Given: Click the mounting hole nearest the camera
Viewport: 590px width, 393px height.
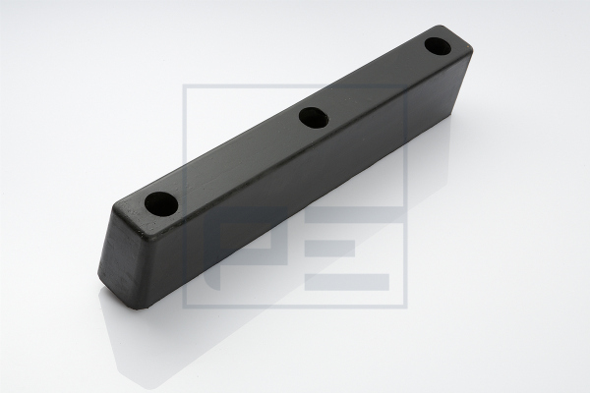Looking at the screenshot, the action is [161, 204].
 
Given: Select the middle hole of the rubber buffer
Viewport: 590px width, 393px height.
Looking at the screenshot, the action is [314, 118].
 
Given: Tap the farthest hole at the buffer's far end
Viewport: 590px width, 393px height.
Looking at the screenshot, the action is [438, 46].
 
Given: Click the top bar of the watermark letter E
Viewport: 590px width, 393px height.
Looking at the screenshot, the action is [353, 214].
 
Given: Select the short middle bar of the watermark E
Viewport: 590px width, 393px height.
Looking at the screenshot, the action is [329, 249].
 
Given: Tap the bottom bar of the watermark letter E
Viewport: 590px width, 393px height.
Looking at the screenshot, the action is [347, 282].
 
